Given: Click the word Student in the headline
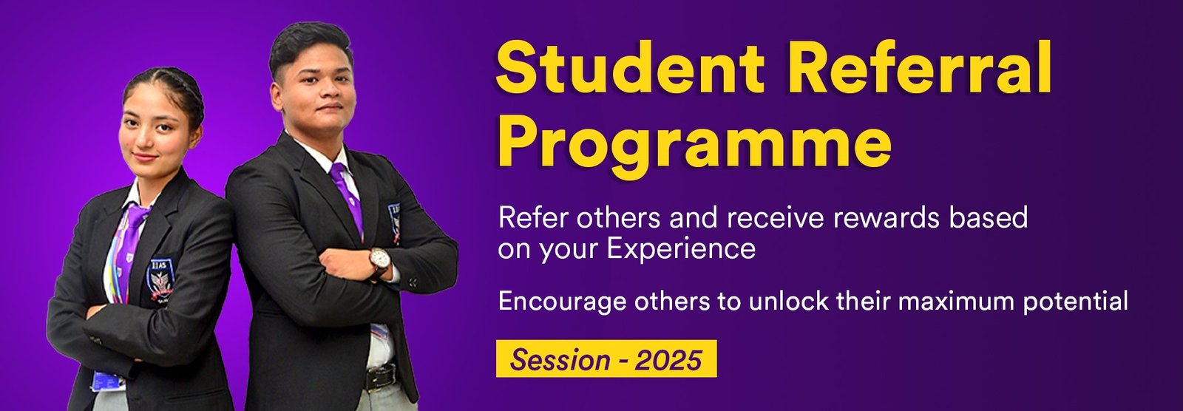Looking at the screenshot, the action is [x=629, y=67].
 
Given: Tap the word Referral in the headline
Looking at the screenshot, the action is [x=921, y=67].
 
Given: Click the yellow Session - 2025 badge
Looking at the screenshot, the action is [x=606, y=359].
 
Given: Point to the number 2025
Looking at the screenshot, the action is [x=668, y=359].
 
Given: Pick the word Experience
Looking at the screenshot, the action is [x=681, y=249].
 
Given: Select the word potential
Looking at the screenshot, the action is [x=1076, y=301].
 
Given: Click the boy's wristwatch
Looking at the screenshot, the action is [x=380, y=261].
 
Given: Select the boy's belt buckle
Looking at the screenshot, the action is [x=381, y=378].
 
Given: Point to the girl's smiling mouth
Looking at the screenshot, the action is [x=145, y=157].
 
